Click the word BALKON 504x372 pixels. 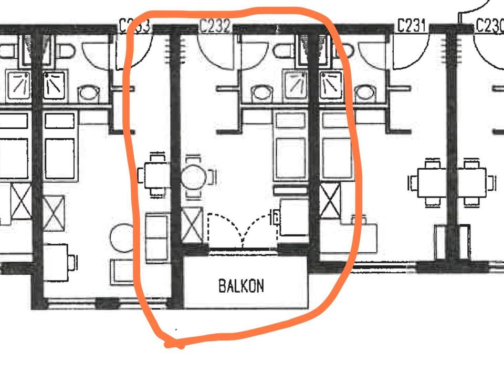coord(241,286)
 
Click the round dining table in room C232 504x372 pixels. coord(194,177)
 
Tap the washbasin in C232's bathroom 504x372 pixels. coord(260,94)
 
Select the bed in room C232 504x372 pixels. coord(290,152)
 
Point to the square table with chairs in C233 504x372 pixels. coord(155,174)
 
